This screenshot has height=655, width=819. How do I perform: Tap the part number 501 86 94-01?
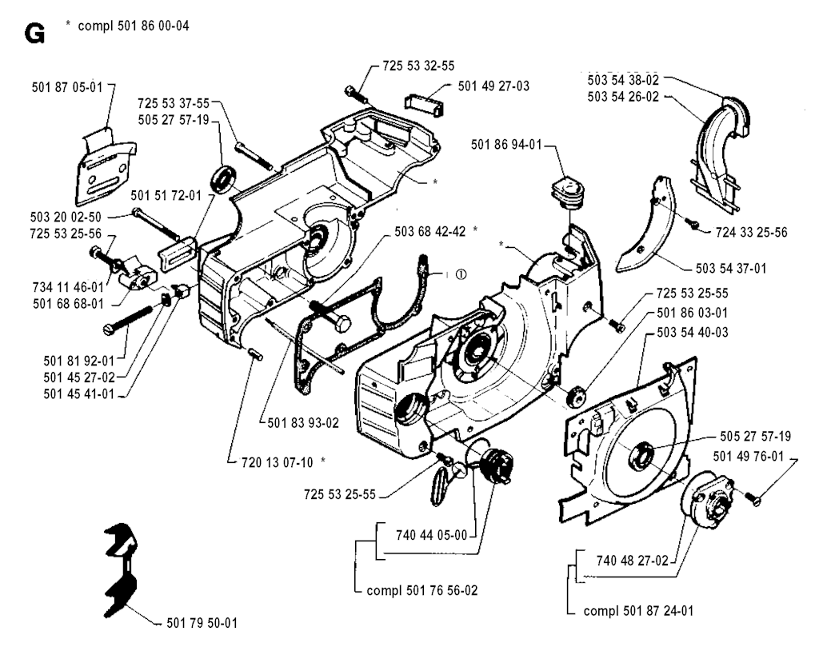507,144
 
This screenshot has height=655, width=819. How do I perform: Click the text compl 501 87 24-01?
640,611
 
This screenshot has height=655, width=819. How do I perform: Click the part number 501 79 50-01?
199,621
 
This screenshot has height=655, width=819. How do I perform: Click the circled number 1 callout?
461,274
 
